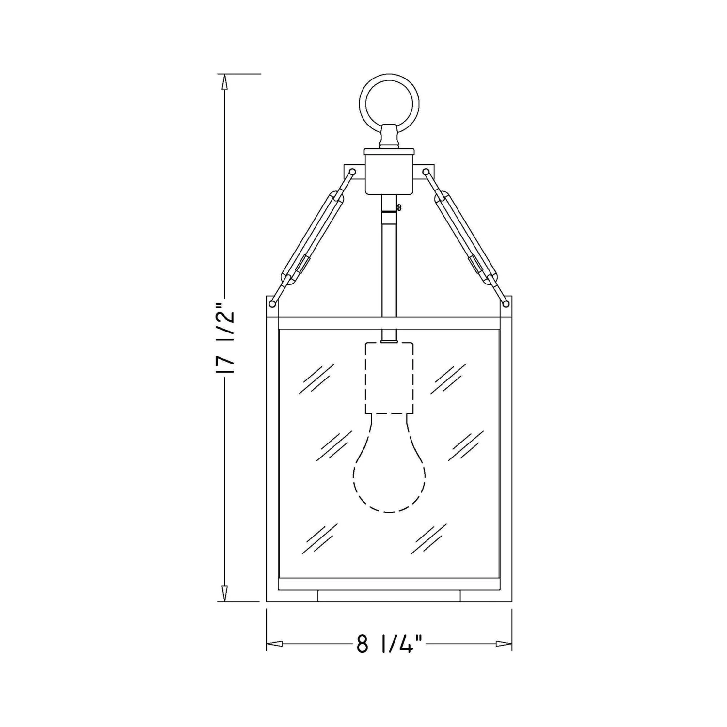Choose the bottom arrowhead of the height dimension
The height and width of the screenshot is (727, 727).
[224, 593]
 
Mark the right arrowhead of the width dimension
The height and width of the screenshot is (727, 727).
[504, 644]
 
